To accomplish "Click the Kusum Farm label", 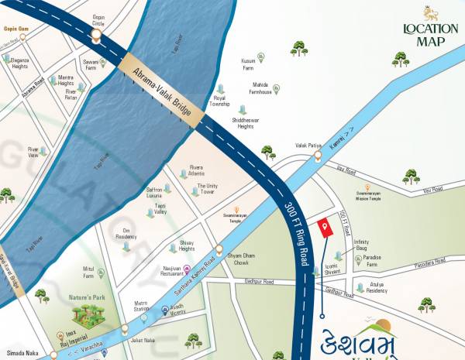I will (x=248, y=64).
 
